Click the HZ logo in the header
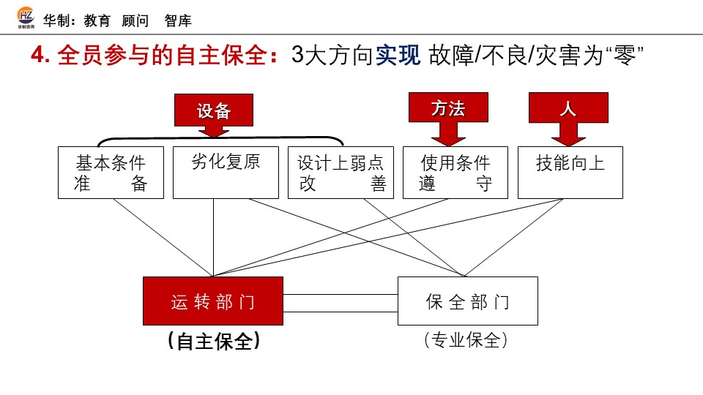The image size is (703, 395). click(x=25, y=19)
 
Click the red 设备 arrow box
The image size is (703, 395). click(x=213, y=111)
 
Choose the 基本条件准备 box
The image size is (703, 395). click(x=111, y=173)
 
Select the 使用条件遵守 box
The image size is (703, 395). click(x=455, y=173)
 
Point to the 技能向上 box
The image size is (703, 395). click(x=570, y=173)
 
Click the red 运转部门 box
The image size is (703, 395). click(x=212, y=301)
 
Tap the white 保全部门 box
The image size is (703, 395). click(x=467, y=301)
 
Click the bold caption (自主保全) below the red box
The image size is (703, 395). click(x=213, y=341)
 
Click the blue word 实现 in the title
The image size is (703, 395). click(x=398, y=56)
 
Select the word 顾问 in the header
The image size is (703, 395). click(x=135, y=20)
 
